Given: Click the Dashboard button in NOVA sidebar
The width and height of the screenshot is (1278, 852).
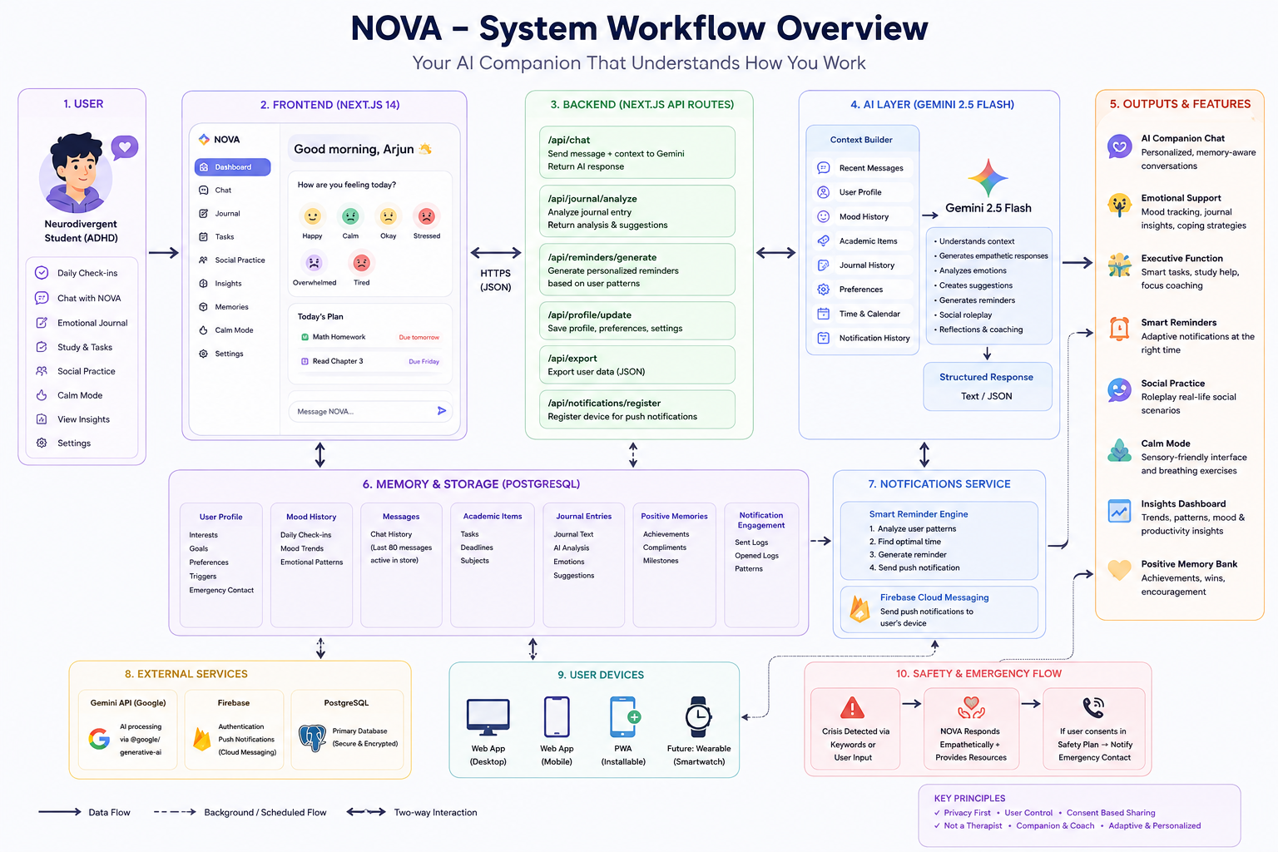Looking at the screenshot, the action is tap(232, 167).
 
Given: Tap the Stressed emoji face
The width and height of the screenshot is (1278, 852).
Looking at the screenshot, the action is tap(426, 216).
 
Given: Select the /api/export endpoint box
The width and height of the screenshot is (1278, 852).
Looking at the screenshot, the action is tap(637, 364).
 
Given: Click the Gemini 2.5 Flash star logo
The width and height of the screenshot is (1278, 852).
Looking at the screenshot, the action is tap(988, 177).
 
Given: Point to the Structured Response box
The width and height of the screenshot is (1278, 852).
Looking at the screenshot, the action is tap(987, 386).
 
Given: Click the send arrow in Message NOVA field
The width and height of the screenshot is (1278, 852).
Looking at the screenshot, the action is tap(442, 410).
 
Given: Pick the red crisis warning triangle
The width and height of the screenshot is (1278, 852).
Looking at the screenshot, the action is tap(852, 707).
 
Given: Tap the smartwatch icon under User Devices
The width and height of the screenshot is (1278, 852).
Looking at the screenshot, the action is tap(698, 716).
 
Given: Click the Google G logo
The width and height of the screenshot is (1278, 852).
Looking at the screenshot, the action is tap(99, 739).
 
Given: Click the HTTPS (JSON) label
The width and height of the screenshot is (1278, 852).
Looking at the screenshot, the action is tap(495, 280).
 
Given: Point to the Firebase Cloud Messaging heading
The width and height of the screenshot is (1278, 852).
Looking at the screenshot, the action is tap(934, 597).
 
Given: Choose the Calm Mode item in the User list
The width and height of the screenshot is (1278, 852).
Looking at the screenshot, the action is tap(79, 395).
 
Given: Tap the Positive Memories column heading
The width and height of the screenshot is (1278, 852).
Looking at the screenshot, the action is tap(674, 516).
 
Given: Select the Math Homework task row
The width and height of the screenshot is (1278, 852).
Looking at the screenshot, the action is tap(370, 337).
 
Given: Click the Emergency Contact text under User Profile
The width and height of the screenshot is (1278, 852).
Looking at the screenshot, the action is tap(221, 590).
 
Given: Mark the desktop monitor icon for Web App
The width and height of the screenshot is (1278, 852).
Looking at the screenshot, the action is tap(488, 717).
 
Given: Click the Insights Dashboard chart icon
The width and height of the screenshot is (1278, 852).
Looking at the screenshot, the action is tap(1119, 511).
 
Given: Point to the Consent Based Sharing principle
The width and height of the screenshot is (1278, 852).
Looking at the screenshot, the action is tap(1111, 813).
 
